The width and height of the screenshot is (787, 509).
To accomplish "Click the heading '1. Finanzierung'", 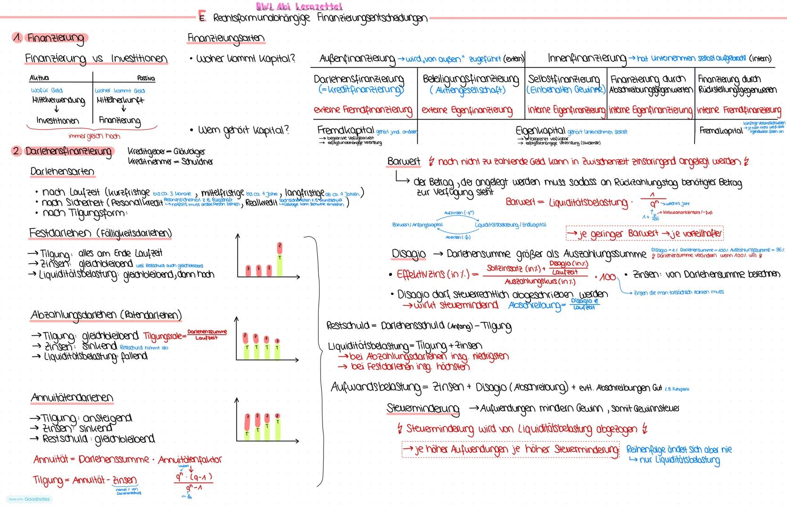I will coord(51,38).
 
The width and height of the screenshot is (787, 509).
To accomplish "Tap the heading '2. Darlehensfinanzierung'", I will coord(64,152).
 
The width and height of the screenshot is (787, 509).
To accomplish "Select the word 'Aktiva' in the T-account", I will coord(39,78).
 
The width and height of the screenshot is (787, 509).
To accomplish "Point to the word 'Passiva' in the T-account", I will coord(146,78).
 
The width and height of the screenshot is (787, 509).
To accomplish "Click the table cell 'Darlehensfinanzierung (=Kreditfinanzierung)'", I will coord(359,84).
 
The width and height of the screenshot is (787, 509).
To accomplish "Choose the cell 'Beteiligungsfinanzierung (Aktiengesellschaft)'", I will coord(471,84).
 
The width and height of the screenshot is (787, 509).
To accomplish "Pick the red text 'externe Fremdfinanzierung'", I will coord(363,110).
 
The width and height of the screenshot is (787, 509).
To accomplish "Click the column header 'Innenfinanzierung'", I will coord(587,58).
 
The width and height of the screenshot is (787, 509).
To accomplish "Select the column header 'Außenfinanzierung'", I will coord(357,59).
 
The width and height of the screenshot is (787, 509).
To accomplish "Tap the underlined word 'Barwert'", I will coord(404,162).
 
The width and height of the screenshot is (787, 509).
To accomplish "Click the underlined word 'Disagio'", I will coord(408,254).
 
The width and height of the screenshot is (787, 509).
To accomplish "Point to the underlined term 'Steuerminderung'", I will coord(423,408).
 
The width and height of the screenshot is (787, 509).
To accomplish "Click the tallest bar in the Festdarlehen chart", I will coord(280,259).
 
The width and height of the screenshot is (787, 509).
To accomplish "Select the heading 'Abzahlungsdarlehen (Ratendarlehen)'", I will coord(106,315).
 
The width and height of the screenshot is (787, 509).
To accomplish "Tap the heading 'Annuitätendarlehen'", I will coord(72,398).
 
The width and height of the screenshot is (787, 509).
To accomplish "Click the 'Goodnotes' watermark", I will coord(37,499).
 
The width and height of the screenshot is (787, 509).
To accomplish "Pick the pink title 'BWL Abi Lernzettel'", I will coord(299,7).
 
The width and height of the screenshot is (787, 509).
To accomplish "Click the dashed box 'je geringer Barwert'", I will coord(644,233).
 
